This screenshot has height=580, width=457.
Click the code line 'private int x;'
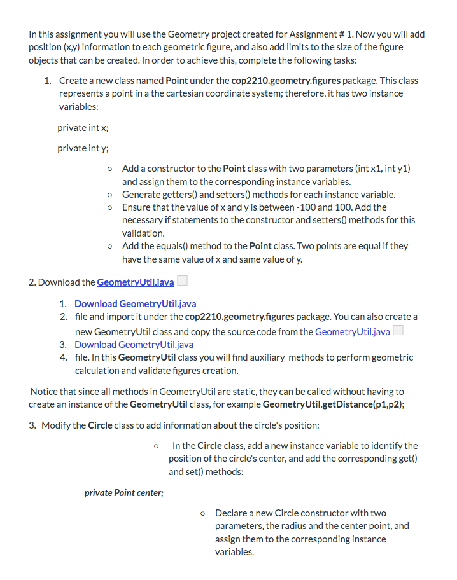click(x=83, y=128)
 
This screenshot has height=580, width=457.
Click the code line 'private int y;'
click(x=83, y=148)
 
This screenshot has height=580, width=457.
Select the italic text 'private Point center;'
click(x=124, y=493)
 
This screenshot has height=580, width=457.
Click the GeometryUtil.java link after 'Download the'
click(x=136, y=282)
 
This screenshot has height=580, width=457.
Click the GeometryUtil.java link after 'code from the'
click(x=353, y=332)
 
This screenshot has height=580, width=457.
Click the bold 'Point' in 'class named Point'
click(x=176, y=81)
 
